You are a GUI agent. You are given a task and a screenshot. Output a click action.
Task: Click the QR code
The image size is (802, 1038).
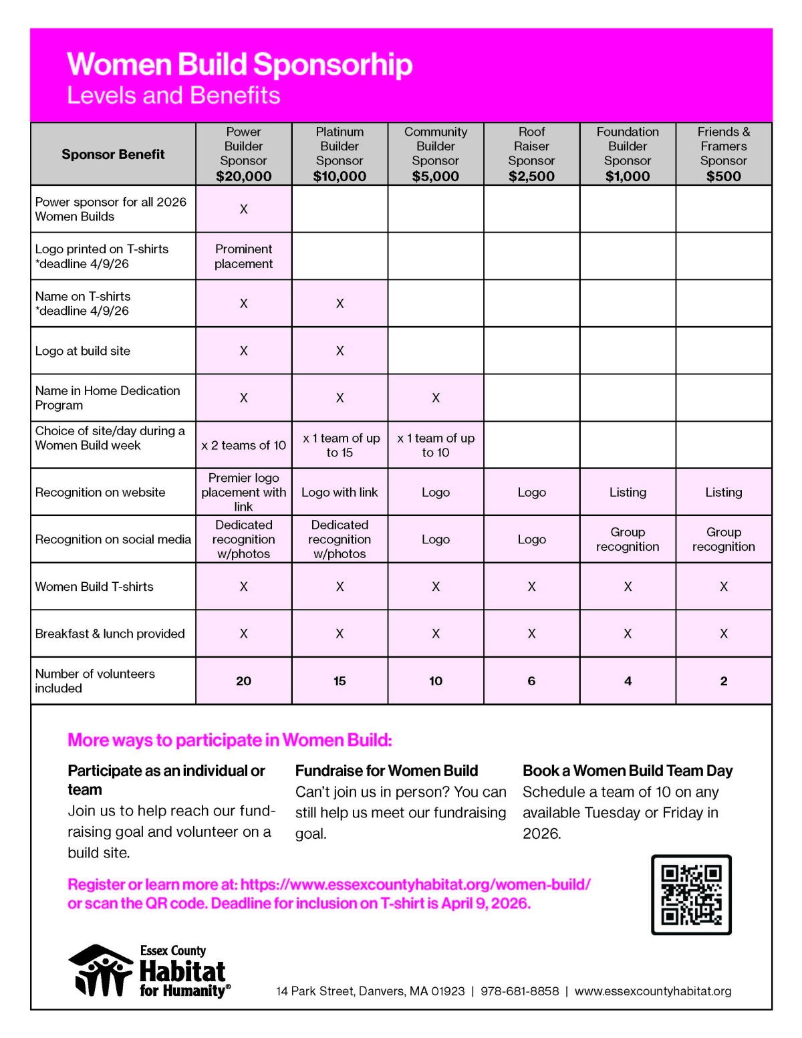[691, 894]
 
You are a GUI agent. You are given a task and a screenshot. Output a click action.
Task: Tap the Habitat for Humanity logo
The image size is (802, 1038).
[150, 971]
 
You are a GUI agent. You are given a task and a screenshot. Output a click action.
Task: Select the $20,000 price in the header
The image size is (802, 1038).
[243, 176]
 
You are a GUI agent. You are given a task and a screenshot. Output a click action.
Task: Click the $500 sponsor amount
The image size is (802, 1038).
[723, 176]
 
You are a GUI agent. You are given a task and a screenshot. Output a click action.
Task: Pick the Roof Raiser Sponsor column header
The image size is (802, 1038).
[531, 154]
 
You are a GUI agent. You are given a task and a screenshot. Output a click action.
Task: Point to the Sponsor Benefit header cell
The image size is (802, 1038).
[113, 154]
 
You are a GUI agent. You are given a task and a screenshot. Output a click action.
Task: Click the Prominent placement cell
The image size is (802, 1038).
[243, 256]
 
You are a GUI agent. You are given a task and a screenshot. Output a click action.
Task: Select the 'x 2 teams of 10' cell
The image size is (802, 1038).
[243, 445]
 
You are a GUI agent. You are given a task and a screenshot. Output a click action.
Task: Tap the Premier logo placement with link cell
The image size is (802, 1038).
[243, 492]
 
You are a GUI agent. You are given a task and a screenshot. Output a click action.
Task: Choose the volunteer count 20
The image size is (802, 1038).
[243, 681]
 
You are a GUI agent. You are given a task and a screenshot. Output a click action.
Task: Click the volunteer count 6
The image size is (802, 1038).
[531, 681]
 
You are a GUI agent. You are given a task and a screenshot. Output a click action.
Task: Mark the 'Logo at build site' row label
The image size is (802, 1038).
[83, 351]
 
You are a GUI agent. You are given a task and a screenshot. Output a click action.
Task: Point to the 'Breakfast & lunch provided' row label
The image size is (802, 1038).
[110, 634]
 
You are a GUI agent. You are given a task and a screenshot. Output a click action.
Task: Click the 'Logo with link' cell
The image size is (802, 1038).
[340, 493]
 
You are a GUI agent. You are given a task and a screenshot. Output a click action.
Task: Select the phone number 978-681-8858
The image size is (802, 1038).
[519, 991]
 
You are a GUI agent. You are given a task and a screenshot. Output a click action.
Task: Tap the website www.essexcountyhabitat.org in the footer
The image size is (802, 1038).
[652, 991]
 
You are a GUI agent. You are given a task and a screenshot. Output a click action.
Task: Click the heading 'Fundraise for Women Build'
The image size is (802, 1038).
[386, 771]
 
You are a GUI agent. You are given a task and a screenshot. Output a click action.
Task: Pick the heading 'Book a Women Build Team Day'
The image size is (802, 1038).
[628, 771]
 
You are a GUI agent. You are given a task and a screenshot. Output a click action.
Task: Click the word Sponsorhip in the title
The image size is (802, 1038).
[333, 65]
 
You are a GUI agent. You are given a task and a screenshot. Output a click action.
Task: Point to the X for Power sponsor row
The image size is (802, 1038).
[243, 209]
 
